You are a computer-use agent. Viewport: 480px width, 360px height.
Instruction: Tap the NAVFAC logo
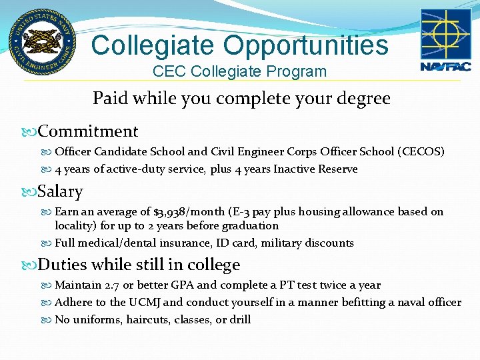[445, 39]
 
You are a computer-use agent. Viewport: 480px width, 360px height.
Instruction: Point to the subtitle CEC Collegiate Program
[239, 71]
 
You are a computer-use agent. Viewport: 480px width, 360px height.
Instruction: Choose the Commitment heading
[88, 131]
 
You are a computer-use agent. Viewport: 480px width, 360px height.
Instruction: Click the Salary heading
[61, 192]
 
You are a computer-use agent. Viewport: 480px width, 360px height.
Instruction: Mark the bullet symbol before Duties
[31, 265]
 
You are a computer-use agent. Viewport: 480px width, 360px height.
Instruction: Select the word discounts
[330, 243]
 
